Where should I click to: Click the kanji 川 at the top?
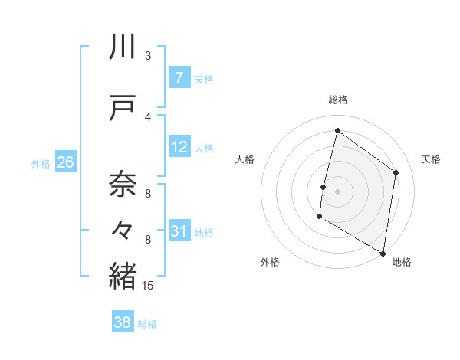(123, 48)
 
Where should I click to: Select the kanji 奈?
(123, 184)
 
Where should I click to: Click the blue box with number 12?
(179, 147)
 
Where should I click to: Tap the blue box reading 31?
(179, 231)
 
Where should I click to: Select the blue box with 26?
(65, 162)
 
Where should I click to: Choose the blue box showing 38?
(123, 322)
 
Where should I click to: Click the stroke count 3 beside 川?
(148, 55)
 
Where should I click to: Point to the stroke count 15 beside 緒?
(148, 286)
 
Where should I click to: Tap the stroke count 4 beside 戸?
(148, 116)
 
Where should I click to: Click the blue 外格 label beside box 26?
(40, 163)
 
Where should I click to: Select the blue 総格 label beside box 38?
(147, 323)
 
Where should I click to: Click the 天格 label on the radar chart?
(431, 159)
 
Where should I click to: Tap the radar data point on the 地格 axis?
(383, 253)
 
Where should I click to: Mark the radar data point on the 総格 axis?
(337, 130)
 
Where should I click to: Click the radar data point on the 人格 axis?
(323, 187)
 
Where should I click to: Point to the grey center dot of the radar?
(337, 191)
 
